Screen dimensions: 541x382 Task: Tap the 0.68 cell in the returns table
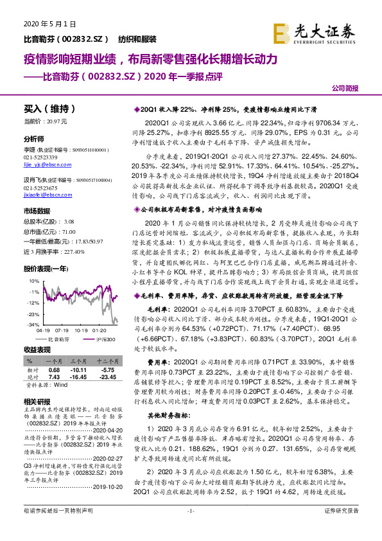point(55,370)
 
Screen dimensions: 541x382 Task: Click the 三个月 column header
point(78,362)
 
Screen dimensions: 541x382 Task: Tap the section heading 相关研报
point(37,401)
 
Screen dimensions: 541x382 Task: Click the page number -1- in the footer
point(191,529)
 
